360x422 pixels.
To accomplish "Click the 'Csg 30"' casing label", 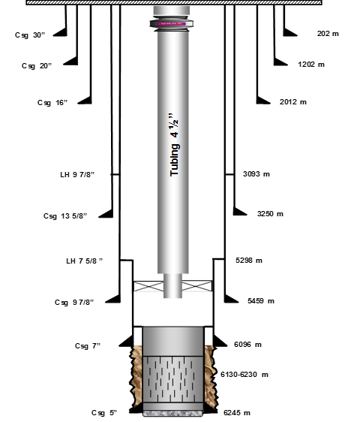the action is coord(30,35).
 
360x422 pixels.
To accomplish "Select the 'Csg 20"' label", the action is coord(37,66).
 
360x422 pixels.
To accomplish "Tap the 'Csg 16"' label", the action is coord(52,103).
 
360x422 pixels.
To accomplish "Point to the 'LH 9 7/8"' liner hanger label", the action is coord(77,174).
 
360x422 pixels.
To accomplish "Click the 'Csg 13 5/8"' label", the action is coord(65,216).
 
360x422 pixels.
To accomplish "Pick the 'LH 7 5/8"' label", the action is coord(85,261).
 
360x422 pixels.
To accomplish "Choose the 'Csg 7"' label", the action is coord(88,346).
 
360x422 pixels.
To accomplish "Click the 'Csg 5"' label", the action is coord(104,412).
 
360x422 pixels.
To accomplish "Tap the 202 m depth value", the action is coord(328,34).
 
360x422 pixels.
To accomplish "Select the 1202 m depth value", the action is coord(311,65).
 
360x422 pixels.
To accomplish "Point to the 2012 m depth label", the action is coord(293,102).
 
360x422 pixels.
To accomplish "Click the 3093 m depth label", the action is coord(256,174).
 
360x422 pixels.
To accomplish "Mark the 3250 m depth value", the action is coord(270,214).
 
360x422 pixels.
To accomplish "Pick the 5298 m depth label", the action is coord(249,261).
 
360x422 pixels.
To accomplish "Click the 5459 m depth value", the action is coord(261,300).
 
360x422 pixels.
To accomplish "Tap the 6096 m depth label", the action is coord(247,345).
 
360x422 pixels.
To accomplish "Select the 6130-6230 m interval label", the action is coord(244,375).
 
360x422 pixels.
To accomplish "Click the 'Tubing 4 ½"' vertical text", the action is coord(175,145).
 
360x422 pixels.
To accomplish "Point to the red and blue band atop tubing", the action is coord(172,24).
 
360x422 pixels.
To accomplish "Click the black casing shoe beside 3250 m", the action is coord(240,212).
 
